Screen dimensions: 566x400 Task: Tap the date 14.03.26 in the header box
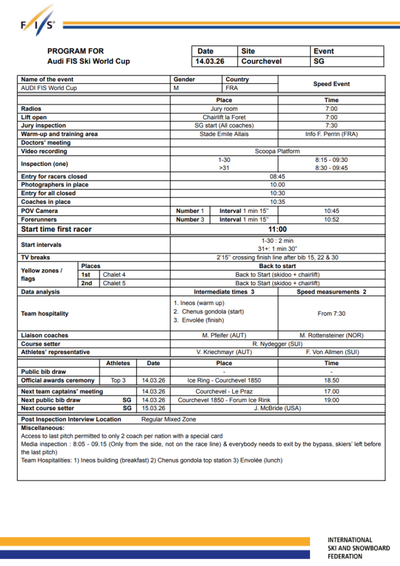tap(210, 61)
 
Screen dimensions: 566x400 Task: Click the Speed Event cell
tap(331, 84)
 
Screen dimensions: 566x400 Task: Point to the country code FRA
tap(232, 88)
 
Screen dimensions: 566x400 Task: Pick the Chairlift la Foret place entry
tap(224, 117)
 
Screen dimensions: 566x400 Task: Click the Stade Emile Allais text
tap(224, 134)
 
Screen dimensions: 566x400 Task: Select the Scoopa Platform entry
tap(277, 151)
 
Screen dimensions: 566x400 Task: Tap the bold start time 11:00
tap(277, 229)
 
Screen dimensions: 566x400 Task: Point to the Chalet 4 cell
tap(115, 275)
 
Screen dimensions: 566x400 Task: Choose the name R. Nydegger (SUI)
tap(277, 343)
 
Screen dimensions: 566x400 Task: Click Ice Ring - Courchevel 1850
tap(224, 380)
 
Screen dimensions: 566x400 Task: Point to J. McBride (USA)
tap(277, 408)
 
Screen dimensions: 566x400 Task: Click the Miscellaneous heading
tap(43, 428)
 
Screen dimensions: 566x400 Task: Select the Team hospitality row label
tap(45, 313)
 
